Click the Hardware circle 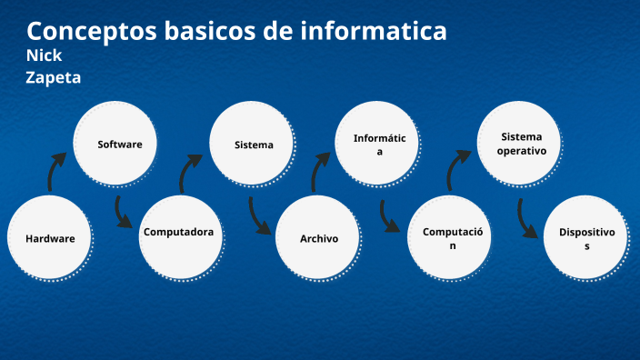[x=50, y=238]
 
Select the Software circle [x=120, y=144]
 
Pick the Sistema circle [x=253, y=145]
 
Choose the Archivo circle [x=319, y=238]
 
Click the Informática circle [x=380, y=145]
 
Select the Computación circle [x=451, y=238]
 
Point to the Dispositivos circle [x=586, y=238]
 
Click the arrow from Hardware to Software [x=56, y=171]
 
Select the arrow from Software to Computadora [x=123, y=212]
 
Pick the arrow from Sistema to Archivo [x=259, y=215]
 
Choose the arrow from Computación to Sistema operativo [x=457, y=169]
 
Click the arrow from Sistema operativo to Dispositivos [x=526, y=217]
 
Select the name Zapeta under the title [x=54, y=78]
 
